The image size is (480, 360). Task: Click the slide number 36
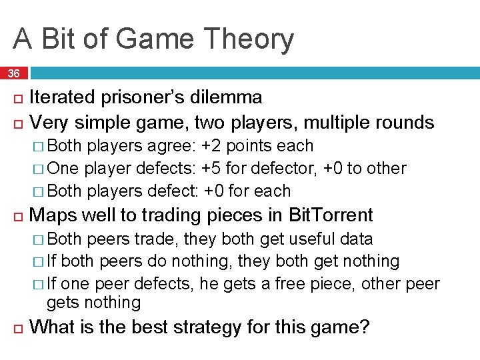14,73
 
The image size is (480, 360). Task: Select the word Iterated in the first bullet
62,97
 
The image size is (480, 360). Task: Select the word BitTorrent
331,215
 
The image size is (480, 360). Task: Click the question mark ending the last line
364,327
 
